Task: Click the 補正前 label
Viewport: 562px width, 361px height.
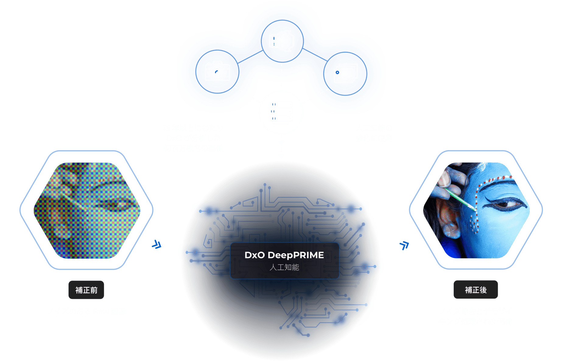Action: point(86,290)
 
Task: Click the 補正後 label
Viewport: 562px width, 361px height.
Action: point(476,289)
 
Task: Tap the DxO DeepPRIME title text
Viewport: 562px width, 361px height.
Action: point(284,255)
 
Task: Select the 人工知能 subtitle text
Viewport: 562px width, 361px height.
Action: point(284,267)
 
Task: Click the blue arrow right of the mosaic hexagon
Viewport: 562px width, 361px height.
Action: point(156,244)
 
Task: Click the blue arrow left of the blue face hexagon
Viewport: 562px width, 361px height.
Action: point(404,245)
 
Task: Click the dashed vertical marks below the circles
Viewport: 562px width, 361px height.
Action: point(273,111)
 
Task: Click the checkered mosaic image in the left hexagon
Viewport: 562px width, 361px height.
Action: point(87,210)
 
